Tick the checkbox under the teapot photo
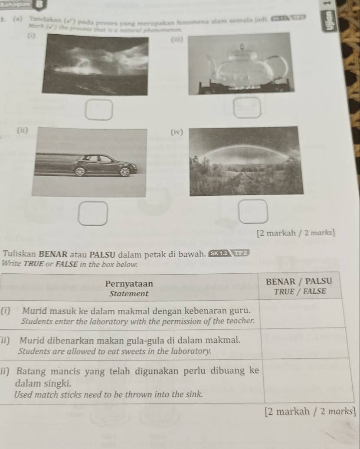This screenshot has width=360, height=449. pos(248,108)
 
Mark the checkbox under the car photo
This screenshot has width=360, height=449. pos(92,213)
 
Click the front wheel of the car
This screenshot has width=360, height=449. pos(125,172)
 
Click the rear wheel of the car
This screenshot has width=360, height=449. pos(80,171)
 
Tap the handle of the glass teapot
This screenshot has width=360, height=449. pos(280,67)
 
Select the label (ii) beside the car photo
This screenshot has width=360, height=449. pos(21,130)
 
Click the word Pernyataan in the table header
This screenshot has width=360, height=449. pos(129,284)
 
